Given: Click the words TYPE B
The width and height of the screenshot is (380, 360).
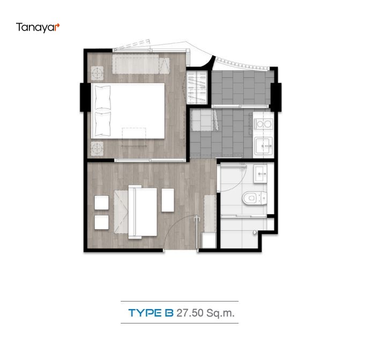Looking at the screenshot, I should [151, 313].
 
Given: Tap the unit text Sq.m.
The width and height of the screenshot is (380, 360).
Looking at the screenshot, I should [222, 313].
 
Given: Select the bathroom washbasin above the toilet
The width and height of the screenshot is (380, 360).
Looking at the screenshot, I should [260, 172].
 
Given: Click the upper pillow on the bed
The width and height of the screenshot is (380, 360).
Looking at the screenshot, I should [102, 97].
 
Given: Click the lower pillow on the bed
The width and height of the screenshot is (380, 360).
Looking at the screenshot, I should [102, 123].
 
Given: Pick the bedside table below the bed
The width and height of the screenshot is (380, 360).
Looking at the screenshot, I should [98, 148].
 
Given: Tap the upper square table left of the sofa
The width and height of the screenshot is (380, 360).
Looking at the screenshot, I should [101, 202].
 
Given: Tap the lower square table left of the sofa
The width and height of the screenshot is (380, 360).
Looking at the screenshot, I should [101, 222].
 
